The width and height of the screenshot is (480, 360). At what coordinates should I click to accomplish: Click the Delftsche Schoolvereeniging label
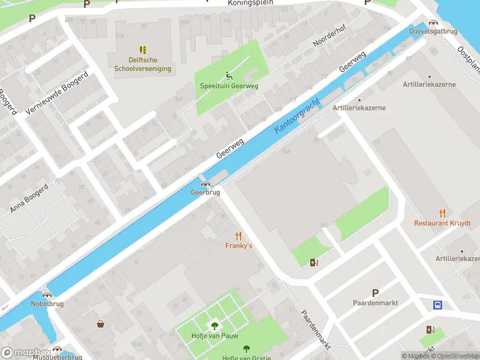pos(143,64)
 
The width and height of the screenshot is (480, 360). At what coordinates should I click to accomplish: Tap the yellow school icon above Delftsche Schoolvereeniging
pos(143,50)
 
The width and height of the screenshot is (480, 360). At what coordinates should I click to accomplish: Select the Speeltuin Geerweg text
pos(229,86)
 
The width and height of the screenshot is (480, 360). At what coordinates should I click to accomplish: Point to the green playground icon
pos(229,75)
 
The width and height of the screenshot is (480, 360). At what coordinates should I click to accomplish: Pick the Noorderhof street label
pos(330,37)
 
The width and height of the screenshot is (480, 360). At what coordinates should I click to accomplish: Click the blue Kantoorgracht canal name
pos(296,113)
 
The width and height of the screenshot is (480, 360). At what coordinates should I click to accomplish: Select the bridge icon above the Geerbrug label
pos(205,184)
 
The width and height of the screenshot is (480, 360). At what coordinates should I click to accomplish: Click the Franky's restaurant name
pos(239,245)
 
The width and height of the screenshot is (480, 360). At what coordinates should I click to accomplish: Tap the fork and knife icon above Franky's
pos(239,235)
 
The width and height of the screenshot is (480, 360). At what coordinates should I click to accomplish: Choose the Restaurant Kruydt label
pos(442,223)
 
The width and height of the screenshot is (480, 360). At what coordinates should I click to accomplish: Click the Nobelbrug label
pos(47,304)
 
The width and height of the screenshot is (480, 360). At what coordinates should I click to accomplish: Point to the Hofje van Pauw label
pos(214,336)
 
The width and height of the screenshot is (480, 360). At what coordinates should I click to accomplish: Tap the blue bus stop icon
pos(438,305)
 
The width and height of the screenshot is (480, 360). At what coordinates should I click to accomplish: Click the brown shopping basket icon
pos(100,324)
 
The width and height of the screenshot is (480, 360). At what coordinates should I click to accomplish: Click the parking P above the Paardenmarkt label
pos(375,293)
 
